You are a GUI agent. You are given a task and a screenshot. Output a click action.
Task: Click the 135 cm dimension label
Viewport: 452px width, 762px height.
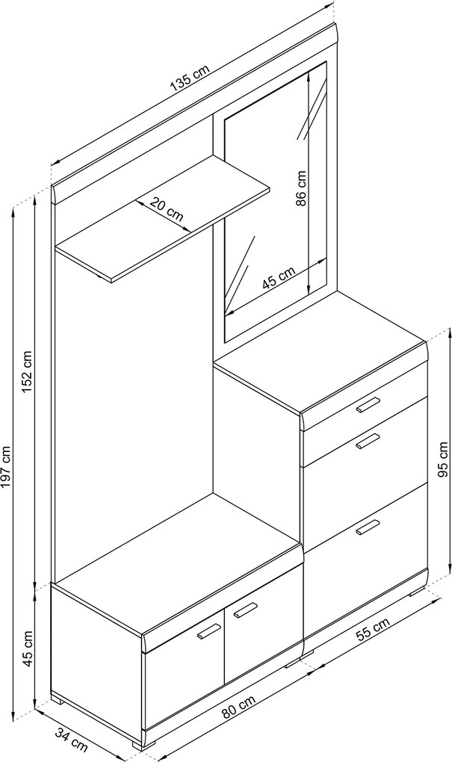tap(190, 78)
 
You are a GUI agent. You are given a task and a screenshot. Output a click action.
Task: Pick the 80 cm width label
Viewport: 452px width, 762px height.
tap(238, 706)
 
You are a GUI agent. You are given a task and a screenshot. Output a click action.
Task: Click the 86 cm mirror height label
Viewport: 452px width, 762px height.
tap(301, 188)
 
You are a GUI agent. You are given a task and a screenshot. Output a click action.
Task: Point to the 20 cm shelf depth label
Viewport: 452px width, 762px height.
tap(167, 209)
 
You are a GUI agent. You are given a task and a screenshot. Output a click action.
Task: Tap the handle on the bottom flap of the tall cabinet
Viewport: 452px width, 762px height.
tap(367, 527)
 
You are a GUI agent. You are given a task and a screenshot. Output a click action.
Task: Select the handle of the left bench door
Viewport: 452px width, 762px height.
tap(209, 631)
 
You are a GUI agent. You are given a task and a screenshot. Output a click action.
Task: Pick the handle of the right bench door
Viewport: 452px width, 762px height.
tap(245, 610)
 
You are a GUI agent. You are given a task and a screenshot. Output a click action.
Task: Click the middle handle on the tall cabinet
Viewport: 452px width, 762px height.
tap(367, 442)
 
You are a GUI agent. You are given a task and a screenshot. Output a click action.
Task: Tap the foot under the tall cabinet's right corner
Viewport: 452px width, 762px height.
tap(417, 592)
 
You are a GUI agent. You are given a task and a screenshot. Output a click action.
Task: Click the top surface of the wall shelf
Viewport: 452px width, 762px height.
tap(162, 219)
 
